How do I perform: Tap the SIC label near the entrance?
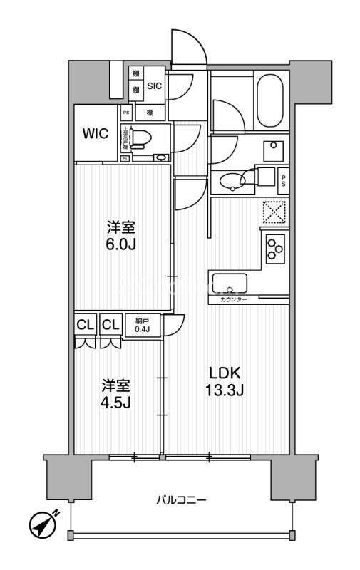(155, 85)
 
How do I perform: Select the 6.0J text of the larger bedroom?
(121, 244)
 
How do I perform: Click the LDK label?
(225, 373)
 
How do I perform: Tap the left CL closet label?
(86, 325)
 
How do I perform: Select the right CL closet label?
(110, 325)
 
